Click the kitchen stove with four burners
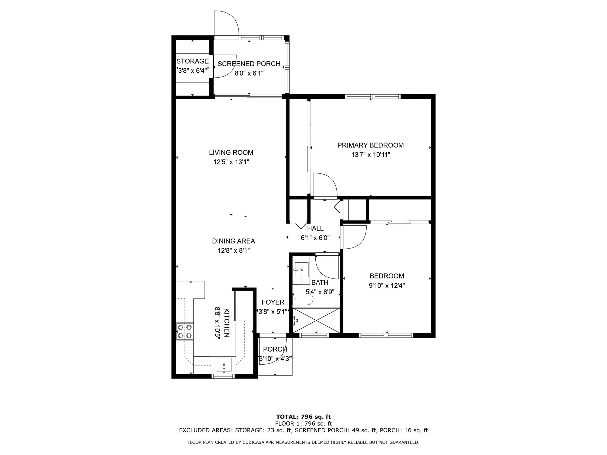(x=185, y=331)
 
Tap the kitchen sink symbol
(x=224, y=365)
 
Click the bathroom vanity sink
(x=301, y=269)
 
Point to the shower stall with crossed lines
(x=316, y=321)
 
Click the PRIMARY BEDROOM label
(x=371, y=145)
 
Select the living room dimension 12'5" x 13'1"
(x=231, y=162)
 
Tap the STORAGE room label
(x=192, y=61)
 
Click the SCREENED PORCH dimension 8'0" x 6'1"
(x=249, y=73)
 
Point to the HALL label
(x=315, y=228)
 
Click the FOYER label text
(x=273, y=302)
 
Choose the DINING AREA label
(x=233, y=241)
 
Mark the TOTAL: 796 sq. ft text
(x=303, y=417)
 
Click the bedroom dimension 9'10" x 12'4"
(x=387, y=285)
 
